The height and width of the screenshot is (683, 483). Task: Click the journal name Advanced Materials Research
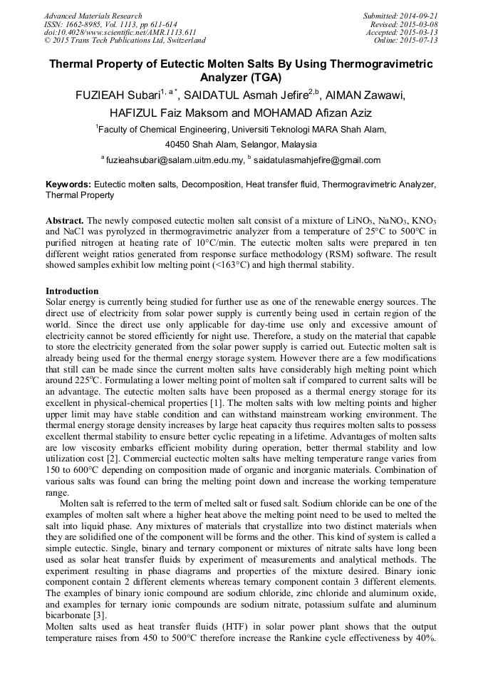click(93, 16)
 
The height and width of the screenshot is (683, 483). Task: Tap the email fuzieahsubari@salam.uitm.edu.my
click(174, 160)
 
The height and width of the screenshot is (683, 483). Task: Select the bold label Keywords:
click(68, 184)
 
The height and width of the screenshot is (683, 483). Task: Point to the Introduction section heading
click(72, 291)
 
